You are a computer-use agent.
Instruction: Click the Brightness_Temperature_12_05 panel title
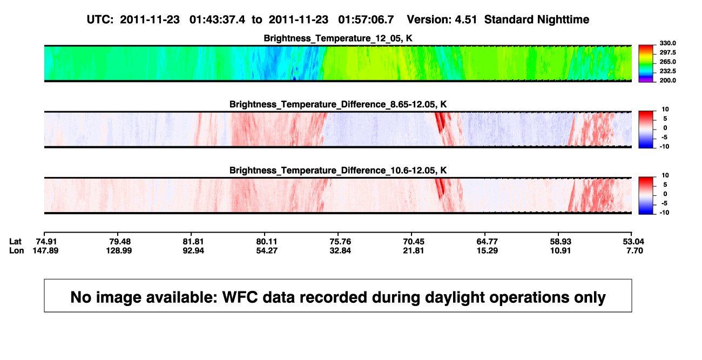[338, 38]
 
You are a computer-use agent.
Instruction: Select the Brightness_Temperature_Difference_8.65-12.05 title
[338, 104]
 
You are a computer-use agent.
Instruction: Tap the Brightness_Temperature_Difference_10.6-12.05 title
[338, 171]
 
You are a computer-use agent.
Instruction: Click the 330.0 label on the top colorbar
[667, 43]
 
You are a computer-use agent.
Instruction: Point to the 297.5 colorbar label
[667, 53]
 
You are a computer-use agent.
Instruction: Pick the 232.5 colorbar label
[667, 71]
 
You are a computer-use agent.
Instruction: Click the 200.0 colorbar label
[667, 80]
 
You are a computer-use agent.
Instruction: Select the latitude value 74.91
[46, 242]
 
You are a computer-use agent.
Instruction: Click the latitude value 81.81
[193, 242]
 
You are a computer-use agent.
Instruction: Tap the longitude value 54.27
[267, 250]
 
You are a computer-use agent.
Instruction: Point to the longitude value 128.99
[119, 250]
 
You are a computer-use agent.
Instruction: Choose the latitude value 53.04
[633, 242]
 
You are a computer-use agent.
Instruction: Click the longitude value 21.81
[413, 250]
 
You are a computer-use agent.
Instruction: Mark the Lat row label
[15, 242]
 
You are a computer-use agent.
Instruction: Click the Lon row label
[16, 250]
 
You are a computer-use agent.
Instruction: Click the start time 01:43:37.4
[217, 20]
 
